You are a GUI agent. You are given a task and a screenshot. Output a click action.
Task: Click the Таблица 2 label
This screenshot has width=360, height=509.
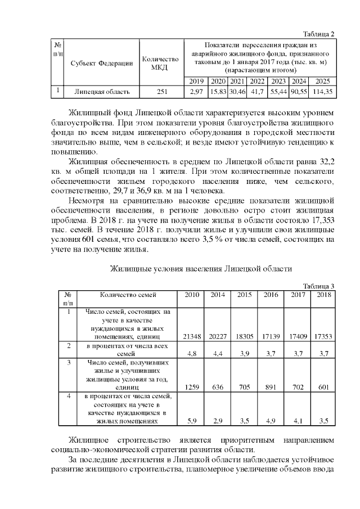[x=319, y=33]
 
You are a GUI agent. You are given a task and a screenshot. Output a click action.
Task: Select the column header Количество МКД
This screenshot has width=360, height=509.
[x=161, y=63]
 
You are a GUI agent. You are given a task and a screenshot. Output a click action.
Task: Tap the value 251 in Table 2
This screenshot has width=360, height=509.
[x=161, y=91]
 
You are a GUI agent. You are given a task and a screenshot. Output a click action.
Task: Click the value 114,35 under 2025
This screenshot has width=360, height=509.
[x=322, y=91]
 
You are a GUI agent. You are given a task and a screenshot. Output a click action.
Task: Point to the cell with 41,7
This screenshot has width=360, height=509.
[x=257, y=91]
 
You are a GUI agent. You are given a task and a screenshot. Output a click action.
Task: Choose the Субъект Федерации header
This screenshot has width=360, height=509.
[x=102, y=63]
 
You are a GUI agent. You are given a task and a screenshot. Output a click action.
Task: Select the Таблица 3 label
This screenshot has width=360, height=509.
[x=319, y=286]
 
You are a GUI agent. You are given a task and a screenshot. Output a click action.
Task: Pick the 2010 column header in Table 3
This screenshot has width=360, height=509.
[x=192, y=294]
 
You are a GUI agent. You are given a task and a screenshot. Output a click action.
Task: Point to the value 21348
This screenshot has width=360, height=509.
[x=192, y=336]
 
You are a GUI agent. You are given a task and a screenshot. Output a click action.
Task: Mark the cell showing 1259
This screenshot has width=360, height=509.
[x=192, y=387]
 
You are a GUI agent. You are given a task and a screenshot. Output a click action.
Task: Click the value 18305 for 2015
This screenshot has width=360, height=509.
[x=245, y=336]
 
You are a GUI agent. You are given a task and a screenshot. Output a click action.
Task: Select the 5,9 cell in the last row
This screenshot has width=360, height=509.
[x=192, y=421]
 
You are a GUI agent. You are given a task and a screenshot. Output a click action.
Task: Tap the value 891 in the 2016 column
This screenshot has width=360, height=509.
[x=271, y=387]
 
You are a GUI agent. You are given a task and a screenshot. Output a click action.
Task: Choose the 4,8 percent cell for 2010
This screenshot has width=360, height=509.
[x=192, y=354]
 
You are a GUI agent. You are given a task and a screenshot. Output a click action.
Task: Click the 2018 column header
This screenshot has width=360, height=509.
[x=324, y=294]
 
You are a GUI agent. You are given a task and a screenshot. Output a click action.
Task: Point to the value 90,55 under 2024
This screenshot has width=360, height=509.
[x=299, y=91]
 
